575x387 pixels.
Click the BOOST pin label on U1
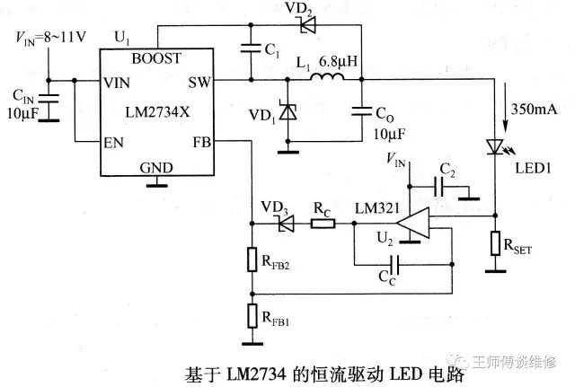[156, 57]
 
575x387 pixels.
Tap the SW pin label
[199, 82]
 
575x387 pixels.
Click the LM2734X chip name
[156, 111]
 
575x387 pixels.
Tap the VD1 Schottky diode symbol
[288, 112]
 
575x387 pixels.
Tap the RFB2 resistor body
[252, 260]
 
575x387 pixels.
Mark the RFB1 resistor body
[252, 317]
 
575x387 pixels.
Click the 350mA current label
[536, 109]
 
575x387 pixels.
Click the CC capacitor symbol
[393, 266]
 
